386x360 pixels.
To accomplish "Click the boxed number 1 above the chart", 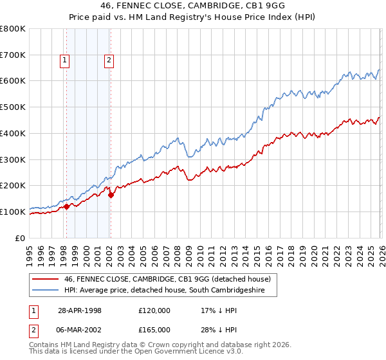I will click(x=65, y=61).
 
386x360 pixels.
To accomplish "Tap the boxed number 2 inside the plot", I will click(x=109, y=61).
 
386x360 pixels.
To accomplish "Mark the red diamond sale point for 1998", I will click(x=67, y=207).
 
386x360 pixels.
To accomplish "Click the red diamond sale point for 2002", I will click(x=111, y=195).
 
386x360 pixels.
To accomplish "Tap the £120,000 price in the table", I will click(x=154, y=310).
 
